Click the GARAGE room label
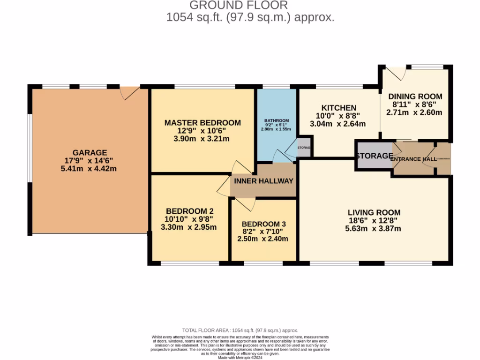click(x=90, y=152)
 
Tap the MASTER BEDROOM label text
click(x=202, y=123)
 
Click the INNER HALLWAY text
click(x=263, y=181)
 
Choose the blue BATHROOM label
click(x=276, y=120)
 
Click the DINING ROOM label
click(x=415, y=97)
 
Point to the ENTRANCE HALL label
click(x=413, y=159)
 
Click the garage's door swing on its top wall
click(x=129, y=92)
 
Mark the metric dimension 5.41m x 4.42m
click(x=90, y=169)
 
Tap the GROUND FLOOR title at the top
click(x=238, y=5)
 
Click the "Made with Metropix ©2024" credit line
click(x=240, y=358)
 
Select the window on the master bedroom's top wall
click(x=204, y=86)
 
